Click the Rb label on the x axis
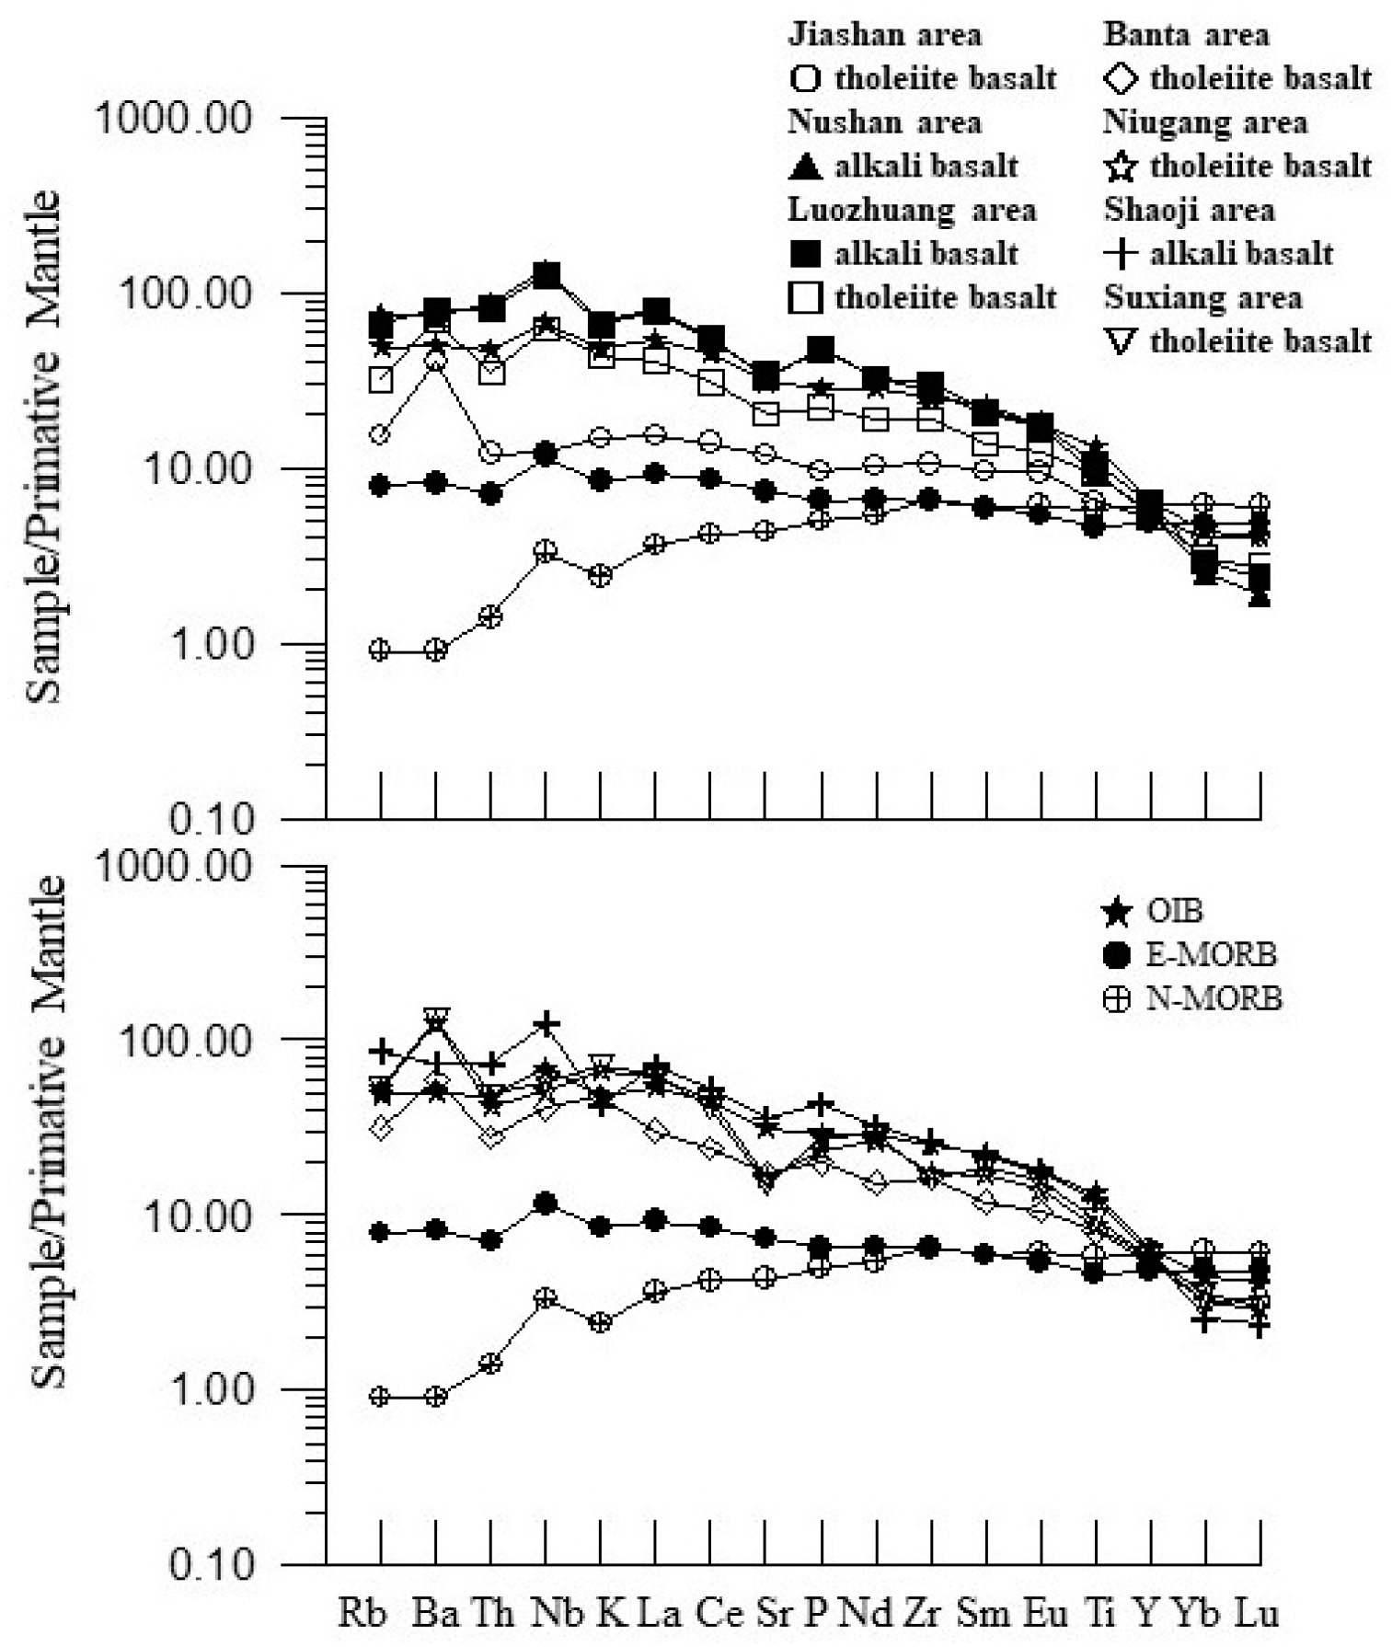click(x=362, y=1612)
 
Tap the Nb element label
click(x=557, y=1612)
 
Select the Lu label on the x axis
click(x=1255, y=1612)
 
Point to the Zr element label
click(x=923, y=1612)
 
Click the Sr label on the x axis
click(x=774, y=1612)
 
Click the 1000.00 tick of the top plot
click(x=175, y=120)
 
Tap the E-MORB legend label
click(x=1211, y=955)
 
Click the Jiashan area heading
click(x=884, y=35)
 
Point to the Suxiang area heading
click(x=1202, y=297)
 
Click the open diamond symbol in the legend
click(x=1120, y=79)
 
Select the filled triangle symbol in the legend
click(x=806, y=167)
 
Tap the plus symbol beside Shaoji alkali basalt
click(x=1121, y=254)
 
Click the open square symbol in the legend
click(x=806, y=298)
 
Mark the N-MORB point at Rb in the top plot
click(x=380, y=650)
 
